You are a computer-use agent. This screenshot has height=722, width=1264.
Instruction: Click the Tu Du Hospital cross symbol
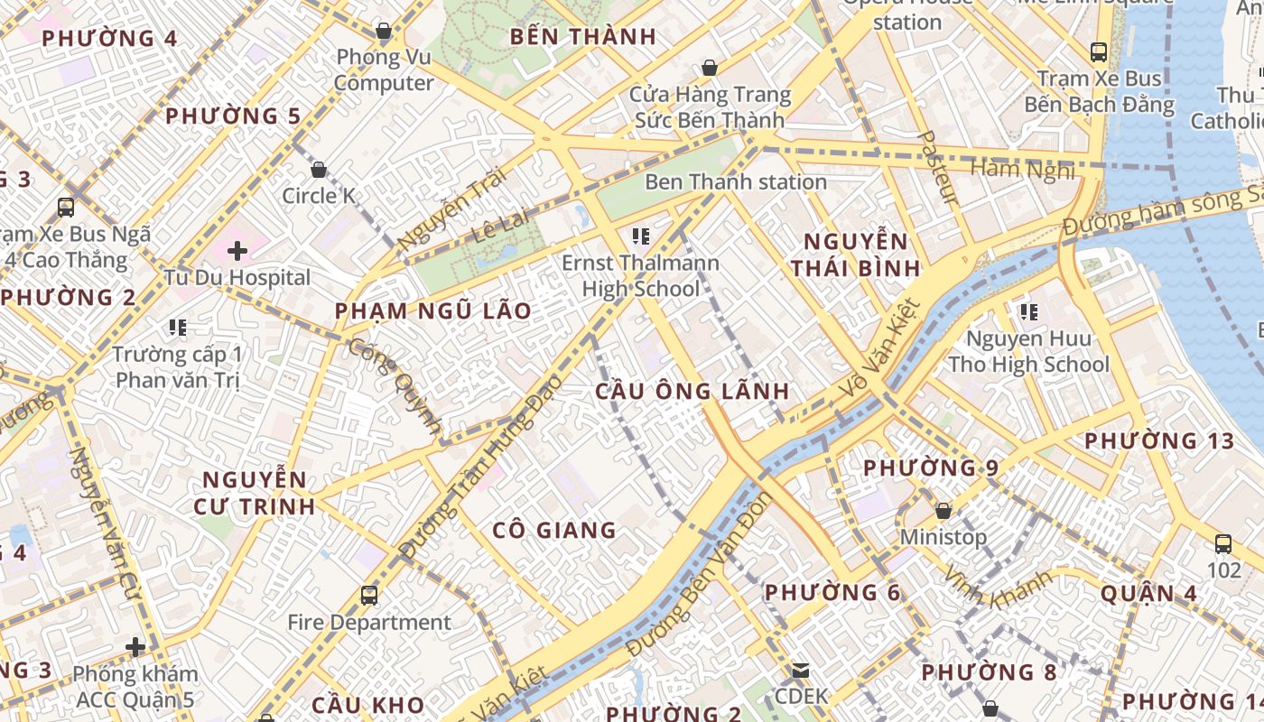click(x=237, y=250)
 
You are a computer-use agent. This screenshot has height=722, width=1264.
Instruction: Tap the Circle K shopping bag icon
click(x=318, y=170)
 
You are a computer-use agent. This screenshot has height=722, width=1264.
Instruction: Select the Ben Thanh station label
click(x=735, y=181)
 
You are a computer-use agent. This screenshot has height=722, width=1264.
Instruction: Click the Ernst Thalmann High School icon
click(x=641, y=237)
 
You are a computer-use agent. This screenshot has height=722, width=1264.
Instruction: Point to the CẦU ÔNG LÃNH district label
click(x=692, y=391)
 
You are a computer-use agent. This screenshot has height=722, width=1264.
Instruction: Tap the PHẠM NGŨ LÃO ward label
click(x=433, y=311)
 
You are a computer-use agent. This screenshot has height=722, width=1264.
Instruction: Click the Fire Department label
click(x=369, y=622)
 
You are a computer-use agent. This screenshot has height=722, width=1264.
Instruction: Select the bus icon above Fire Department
click(x=369, y=595)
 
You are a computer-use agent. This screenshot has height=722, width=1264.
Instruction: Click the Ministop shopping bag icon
click(x=943, y=511)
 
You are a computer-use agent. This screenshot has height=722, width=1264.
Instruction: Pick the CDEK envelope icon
click(x=801, y=671)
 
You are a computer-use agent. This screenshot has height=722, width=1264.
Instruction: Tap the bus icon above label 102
click(x=1223, y=544)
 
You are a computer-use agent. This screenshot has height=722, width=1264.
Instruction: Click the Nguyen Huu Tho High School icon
click(x=1028, y=312)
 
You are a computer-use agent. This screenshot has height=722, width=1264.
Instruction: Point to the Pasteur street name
click(x=937, y=168)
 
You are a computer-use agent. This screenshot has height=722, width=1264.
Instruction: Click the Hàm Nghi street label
click(x=1022, y=169)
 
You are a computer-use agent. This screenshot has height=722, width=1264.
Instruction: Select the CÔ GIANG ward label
click(x=554, y=530)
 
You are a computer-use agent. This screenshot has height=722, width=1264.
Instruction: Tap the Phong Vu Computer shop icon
click(x=384, y=32)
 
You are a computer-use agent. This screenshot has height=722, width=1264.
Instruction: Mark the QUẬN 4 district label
click(x=1148, y=593)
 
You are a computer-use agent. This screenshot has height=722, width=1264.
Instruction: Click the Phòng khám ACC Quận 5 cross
click(x=135, y=647)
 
